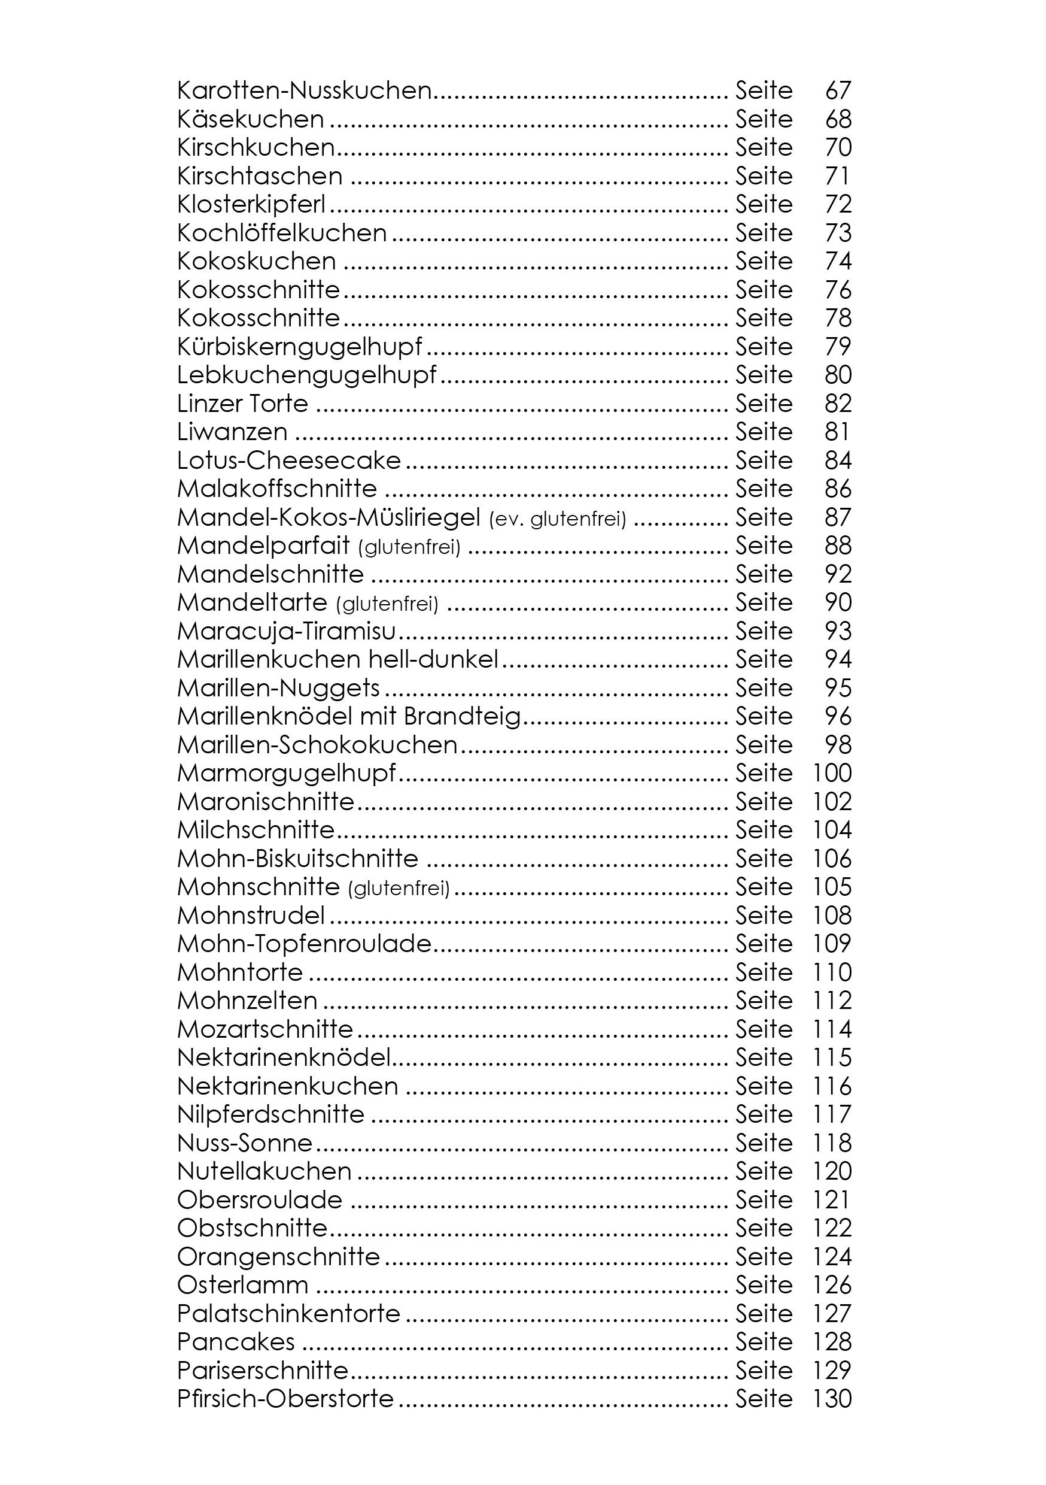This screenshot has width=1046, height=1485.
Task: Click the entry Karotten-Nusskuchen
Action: [304, 90]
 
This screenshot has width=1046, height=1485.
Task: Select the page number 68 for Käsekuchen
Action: [838, 119]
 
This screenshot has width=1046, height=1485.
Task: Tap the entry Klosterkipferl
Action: [251, 204]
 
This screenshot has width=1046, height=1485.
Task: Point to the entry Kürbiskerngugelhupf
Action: [299, 347]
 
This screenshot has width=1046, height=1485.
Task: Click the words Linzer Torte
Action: [242, 404]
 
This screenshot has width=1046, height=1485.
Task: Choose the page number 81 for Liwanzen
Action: [837, 432]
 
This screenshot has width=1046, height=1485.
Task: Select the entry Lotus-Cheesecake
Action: [289, 460]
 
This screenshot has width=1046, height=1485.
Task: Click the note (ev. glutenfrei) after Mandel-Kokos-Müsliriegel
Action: [558, 519]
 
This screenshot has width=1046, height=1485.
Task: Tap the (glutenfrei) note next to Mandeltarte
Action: [387, 604]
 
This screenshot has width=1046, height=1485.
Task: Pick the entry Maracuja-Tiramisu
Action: [287, 631]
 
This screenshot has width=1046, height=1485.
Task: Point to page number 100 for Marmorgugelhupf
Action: [832, 774]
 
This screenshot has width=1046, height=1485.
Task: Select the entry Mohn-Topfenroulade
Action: [304, 944]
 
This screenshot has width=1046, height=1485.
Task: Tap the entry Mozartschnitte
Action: [265, 1030]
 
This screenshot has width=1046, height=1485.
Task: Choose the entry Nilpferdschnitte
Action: [270, 1115]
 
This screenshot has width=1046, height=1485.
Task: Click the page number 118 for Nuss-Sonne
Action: [832, 1144]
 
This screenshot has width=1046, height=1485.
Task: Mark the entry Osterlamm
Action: [242, 1286]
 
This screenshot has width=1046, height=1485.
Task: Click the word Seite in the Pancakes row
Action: [764, 1342]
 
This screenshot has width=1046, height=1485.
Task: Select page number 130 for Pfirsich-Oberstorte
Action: [832, 1399]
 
